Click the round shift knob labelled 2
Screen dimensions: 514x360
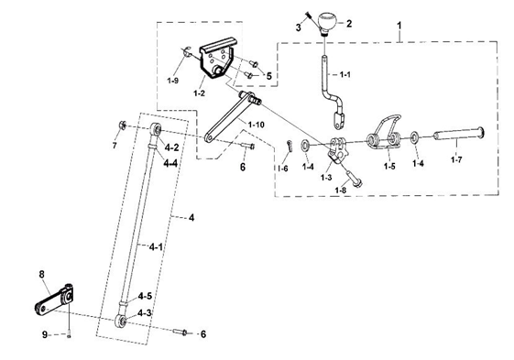[327, 22]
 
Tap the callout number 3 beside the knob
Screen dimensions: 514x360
[299, 27]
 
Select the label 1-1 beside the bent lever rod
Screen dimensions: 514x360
[344, 74]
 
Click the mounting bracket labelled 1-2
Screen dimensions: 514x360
[216, 58]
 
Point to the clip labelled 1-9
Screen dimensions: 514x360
[187, 52]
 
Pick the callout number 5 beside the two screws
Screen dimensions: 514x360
[269, 76]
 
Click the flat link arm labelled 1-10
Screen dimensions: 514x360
[230, 116]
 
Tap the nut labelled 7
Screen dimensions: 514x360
[123, 125]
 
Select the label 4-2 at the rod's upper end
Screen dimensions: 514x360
[171, 147]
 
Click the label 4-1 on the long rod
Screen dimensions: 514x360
[156, 247]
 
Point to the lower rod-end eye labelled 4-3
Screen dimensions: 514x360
[121, 321]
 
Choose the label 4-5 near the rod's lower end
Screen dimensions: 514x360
[145, 297]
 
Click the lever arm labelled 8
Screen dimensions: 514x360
[54, 300]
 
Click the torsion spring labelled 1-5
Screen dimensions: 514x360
[384, 133]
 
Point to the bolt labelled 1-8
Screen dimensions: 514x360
[354, 178]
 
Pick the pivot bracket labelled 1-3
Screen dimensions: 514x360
[337, 149]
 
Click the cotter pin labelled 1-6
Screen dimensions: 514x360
[289, 146]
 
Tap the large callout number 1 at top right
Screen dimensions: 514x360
[399, 26]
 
